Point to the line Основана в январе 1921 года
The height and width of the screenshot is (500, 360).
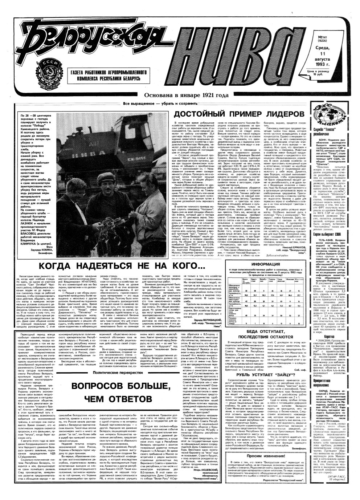[186, 95]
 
